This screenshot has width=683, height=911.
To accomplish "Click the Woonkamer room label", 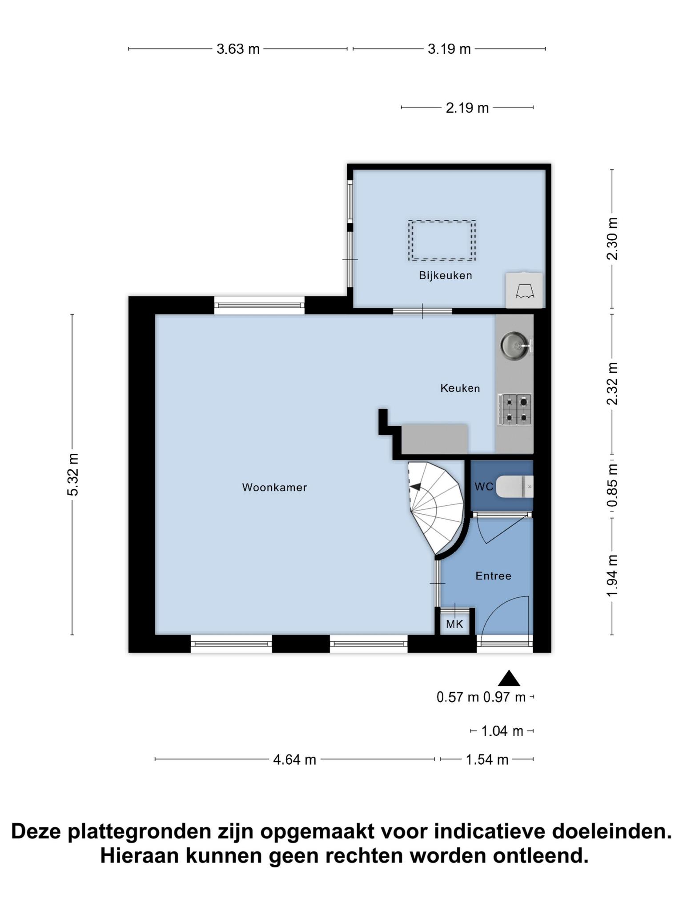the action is (274, 488).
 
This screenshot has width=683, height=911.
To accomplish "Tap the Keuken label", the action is (460, 388).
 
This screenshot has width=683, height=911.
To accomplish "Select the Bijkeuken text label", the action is (446, 275).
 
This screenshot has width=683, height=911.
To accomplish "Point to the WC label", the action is (484, 487).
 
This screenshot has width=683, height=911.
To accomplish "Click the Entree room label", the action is (494, 576).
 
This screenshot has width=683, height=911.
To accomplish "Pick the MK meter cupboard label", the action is (454, 624).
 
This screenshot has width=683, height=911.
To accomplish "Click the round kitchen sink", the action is (515, 345).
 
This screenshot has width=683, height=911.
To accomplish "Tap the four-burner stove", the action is (515, 409).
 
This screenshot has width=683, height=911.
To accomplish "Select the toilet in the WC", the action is (514, 487).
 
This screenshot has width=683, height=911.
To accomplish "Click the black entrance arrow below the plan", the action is (509, 678).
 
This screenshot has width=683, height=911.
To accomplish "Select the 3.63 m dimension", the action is (238, 49).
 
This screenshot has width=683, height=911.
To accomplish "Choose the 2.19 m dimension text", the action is (467, 108).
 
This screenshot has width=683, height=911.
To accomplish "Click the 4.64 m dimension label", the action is (294, 759).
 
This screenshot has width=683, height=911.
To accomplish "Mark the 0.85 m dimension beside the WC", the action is (613, 485).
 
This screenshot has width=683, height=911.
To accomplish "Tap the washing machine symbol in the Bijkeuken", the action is (524, 290).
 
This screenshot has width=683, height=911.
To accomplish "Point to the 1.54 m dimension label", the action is (487, 759).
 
